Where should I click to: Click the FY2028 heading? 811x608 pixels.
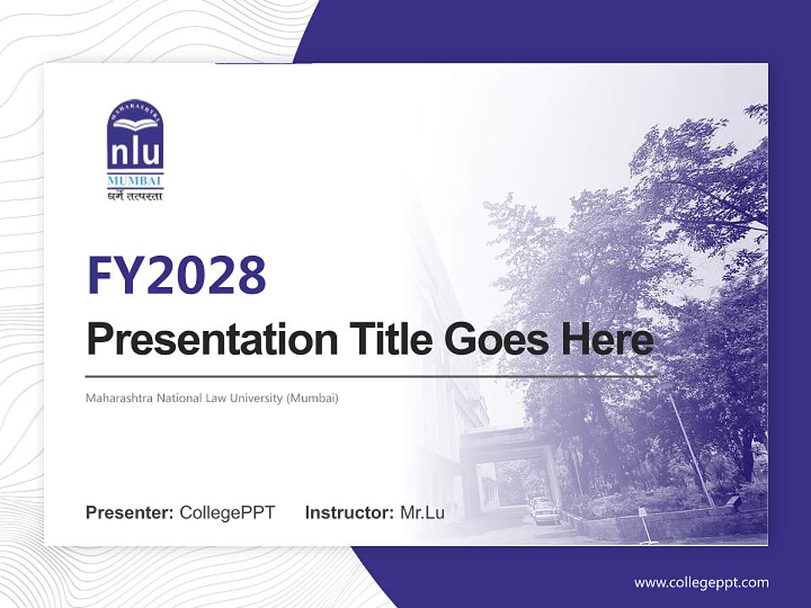pos(177,274)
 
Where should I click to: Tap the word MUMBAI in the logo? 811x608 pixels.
pos(135,182)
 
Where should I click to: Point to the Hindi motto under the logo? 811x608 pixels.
pos(135,197)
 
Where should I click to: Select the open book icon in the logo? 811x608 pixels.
pos(135,126)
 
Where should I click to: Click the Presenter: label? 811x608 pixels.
pos(130,513)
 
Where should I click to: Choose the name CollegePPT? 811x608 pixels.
pos(227,513)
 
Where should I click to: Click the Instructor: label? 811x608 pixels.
pos(349,513)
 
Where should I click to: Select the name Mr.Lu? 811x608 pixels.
pos(422,513)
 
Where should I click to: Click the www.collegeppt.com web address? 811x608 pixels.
pos(701,583)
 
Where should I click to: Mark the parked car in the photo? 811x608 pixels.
pos(544,509)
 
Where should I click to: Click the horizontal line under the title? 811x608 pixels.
pos(372,376)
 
